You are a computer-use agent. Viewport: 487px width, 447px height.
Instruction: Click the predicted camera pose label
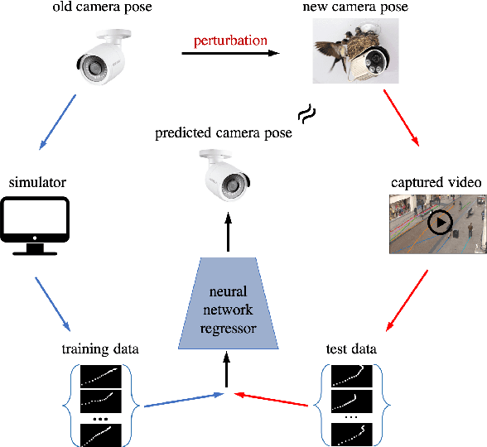point(224,133)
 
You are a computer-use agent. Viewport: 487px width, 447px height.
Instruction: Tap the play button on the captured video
point(439,222)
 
